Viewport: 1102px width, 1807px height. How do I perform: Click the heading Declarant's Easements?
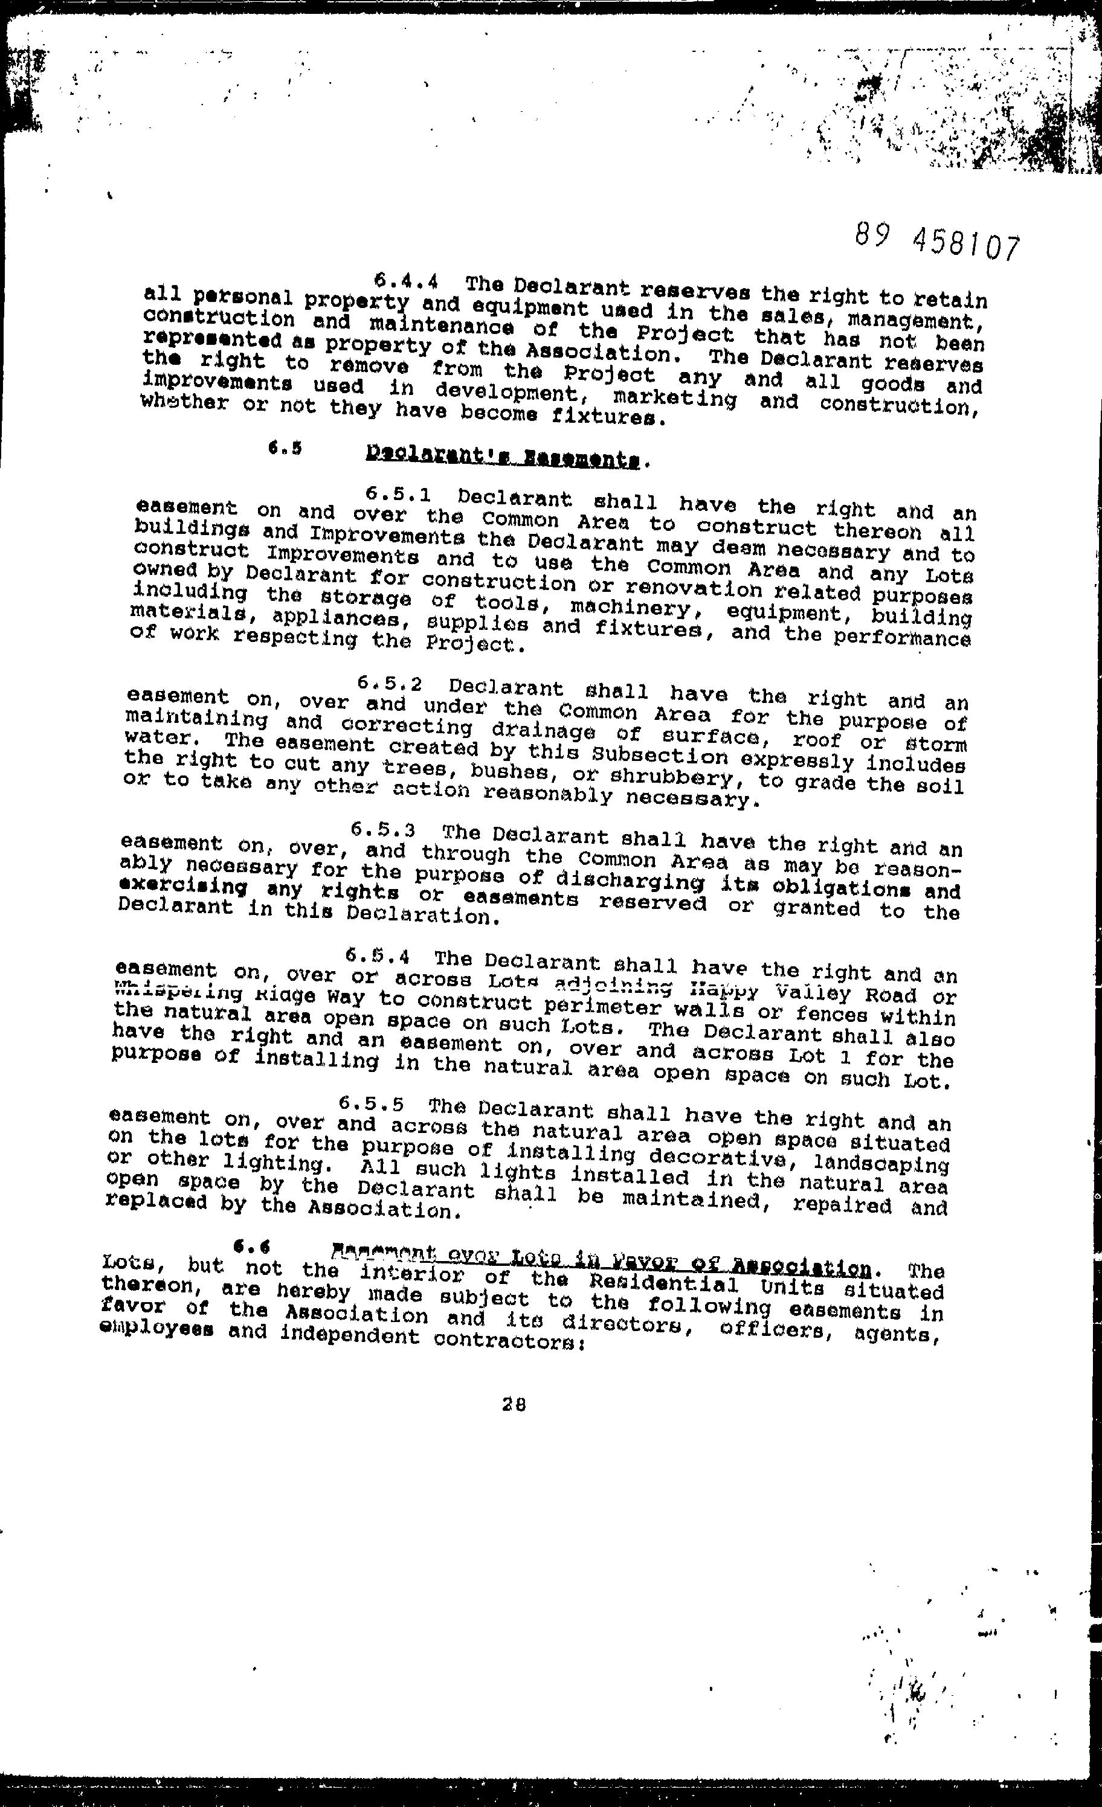point(507,459)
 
